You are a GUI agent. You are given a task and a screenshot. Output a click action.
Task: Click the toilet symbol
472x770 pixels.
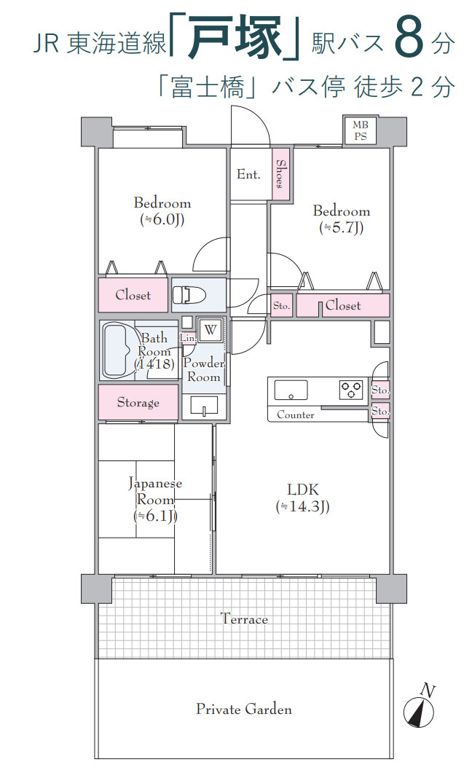pos(189,295)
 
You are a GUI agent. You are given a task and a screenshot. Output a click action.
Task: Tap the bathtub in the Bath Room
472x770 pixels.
pos(117,350)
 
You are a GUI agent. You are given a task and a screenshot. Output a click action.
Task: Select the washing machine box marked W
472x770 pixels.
pos(211,330)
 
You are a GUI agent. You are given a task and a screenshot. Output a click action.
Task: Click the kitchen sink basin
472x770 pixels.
pos(291,390)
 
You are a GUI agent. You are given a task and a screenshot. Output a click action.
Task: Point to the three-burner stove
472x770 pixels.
pos(352,390)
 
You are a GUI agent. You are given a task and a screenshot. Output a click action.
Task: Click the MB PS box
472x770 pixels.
pos(360,130)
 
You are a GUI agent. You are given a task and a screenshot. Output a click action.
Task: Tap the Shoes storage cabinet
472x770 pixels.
pos(280,174)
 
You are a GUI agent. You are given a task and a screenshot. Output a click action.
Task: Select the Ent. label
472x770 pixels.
pos(248,174)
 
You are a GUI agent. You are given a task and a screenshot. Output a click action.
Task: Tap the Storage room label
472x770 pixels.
pos(138,403)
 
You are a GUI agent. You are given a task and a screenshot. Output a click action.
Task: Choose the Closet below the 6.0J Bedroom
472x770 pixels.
pos(133,295)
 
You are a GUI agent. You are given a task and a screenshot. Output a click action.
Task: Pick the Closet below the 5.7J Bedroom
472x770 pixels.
pos(343,305)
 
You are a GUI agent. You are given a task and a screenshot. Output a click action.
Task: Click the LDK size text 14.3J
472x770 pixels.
pos(302,506)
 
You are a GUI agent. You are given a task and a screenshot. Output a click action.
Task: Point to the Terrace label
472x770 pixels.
pos(244,618)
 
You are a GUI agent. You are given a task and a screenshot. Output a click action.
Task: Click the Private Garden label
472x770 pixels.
pos(243,709)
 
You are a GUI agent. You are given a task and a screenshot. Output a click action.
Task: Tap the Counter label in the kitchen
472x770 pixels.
pos(296,415)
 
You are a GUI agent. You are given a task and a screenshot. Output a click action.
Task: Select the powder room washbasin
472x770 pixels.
pos(204,406)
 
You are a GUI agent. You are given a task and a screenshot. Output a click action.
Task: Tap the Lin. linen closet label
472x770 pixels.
pos(188,338)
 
